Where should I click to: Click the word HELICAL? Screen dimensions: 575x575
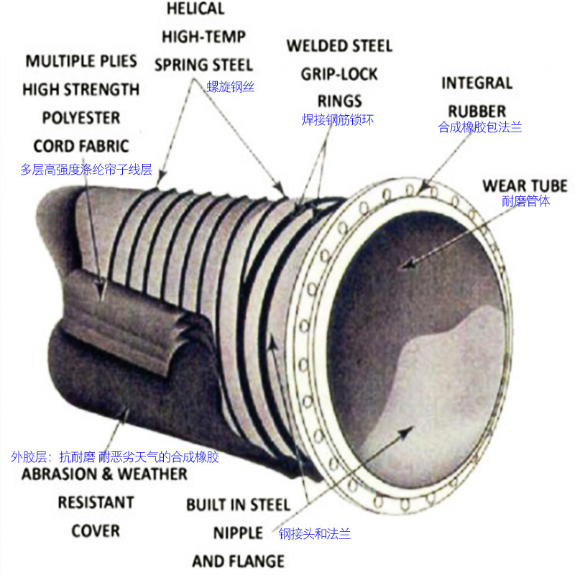[x=195, y=9]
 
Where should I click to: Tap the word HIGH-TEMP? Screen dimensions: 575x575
[x=203, y=37]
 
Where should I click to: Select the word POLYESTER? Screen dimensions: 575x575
[x=81, y=118]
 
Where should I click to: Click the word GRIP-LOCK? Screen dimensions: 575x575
[x=339, y=74]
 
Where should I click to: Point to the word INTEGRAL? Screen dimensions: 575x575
[x=477, y=83]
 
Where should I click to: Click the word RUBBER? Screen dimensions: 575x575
[x=477, y=111]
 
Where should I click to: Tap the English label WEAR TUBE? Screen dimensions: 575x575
[x=525, y=186]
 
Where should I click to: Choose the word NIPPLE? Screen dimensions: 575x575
[x=238, y=533]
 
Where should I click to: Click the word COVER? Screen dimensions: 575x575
[x=96, y=531]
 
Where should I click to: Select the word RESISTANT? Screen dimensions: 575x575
[x=96, y=502]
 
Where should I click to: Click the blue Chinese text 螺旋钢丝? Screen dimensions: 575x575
[x=231, y=87]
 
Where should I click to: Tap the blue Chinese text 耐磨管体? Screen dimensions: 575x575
[x=526, y=201]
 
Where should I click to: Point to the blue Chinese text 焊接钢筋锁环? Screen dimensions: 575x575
[x=338, y=120]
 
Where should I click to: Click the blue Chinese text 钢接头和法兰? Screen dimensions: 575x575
[x=315, y=534]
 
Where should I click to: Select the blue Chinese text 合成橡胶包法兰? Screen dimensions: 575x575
[x=480, y=127]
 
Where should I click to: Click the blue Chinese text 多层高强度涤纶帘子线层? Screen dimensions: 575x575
[x=86, y=170]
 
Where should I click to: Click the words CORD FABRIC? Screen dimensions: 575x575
[x=81, y=146]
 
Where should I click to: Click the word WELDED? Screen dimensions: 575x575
[x=317, y=46]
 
